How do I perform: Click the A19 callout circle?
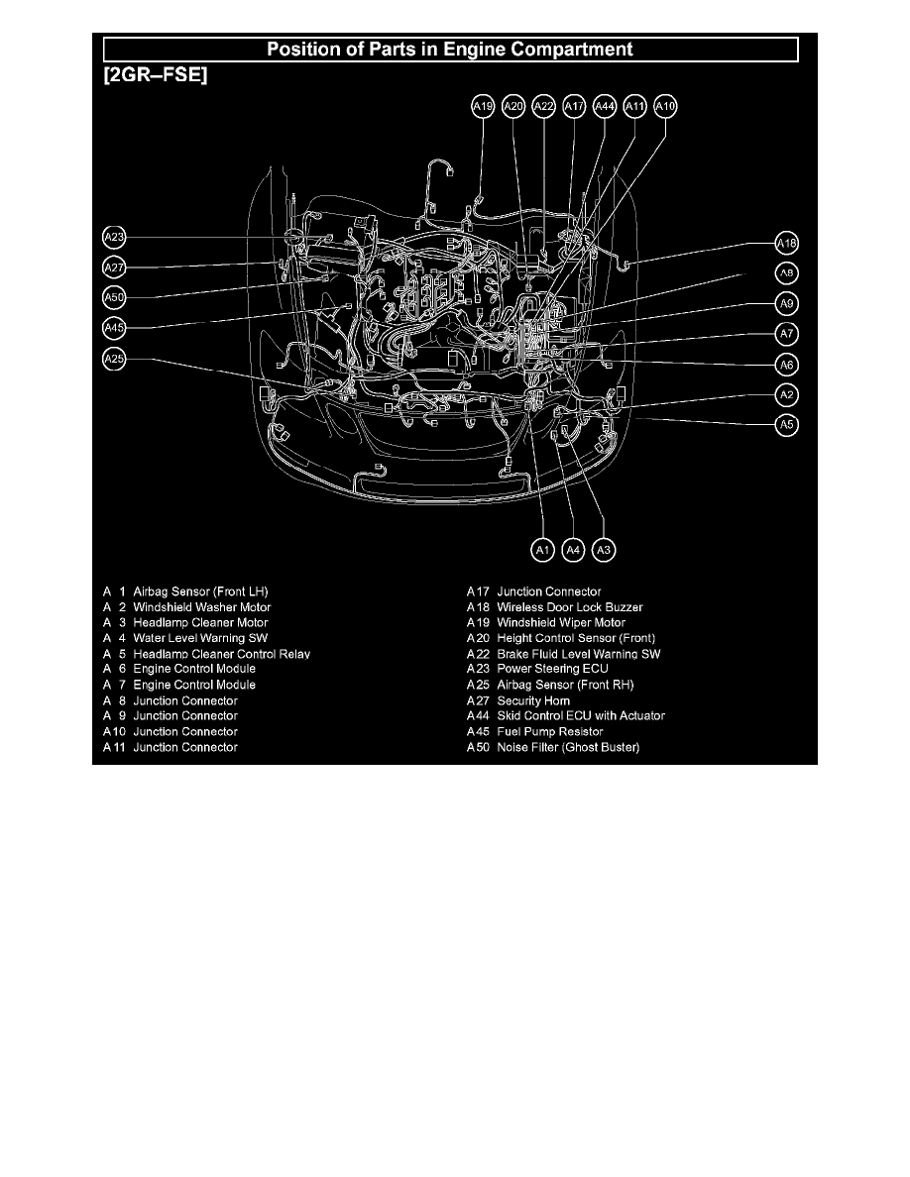point(483,107)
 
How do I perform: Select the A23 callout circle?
point(114,238)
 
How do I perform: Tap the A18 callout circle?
point(786,243)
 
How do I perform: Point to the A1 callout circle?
point(542,550)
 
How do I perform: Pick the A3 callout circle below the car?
point(604,550)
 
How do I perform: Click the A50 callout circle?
point(114,298)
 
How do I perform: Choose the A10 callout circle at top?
point(665,107)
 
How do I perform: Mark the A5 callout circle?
point(786,425)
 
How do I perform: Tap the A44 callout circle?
point(605,107)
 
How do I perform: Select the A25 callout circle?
point(114,359)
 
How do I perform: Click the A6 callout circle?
point(786,365)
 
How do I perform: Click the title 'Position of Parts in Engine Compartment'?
point(450,50)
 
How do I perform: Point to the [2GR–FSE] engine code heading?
point(156,75)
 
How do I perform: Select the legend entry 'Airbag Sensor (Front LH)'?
point(200,591)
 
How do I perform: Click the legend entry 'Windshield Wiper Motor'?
point(561,622)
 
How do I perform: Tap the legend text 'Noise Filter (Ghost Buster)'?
point(568,747)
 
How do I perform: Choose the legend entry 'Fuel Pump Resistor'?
point(549,731)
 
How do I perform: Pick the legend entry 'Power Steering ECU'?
point(552,669)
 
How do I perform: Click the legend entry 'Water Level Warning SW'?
point(200,638)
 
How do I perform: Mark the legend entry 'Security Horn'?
point(533,700)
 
